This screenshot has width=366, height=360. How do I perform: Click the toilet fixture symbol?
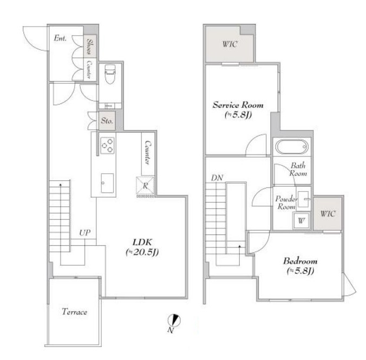[110, 74]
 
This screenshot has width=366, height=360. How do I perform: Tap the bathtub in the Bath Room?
[291, 147]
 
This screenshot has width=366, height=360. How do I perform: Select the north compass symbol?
[174, 320]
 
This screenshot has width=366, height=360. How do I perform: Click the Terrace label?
[75, 312]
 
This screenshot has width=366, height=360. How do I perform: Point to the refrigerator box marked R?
[145, 186]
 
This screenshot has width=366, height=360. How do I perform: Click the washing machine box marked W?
[302, 220]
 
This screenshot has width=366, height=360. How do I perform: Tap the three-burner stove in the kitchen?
[107, 146]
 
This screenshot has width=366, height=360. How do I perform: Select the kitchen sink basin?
[107, 183]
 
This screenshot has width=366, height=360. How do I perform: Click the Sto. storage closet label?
[107, 121]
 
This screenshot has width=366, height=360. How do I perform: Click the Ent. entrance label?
[60, 38]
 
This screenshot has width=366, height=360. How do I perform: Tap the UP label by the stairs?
[84, 233]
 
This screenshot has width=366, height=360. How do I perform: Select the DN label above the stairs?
[217, 178]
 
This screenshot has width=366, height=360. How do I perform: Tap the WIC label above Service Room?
[230, 44]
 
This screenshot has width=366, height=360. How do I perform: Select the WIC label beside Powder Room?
[328, 214]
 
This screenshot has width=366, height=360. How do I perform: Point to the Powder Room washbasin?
[303, 199]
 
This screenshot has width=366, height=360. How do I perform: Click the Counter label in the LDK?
[148, 153]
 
